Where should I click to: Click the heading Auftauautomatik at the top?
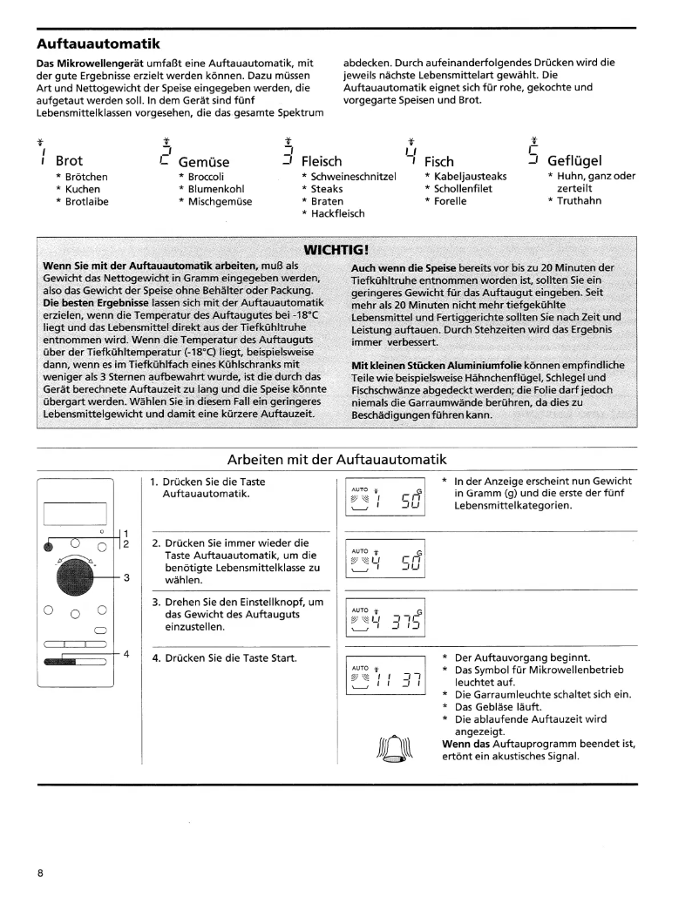pyautogui.click(x=98, y=42)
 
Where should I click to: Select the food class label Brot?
pyautogui.click(x=69, y=161)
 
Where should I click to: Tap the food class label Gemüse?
pyautogui.click(x=203, y=161)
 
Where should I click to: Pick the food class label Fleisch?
pyautogui.click(x=321, y=161)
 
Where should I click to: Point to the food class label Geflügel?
pyautogui.click(x=574, y=161)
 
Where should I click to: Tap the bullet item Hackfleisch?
pyautogui.click(x=337, y=213)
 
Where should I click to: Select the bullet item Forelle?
pyautogui.click(x=450, y=201)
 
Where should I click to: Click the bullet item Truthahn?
pyautogui.click(x=578, y=201)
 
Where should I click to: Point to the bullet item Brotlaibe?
pyautogui.click(x=87, y=201)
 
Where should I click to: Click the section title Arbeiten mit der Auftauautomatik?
pyautogui.click(x=336, y=459)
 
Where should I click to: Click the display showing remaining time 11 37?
pyautogui.click(x=384, y=676)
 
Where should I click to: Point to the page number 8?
pyautogui.click(x=40, y=872)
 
